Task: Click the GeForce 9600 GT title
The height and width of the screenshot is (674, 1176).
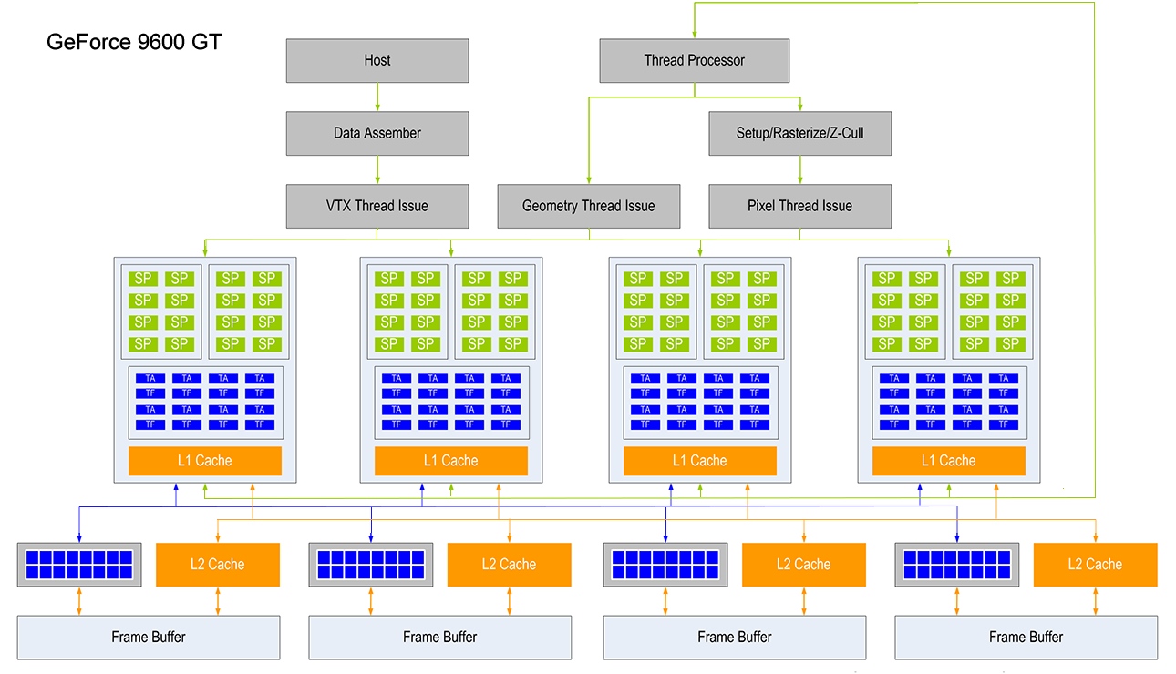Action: click(133, 42)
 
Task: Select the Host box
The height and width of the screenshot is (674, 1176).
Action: click(377, 61)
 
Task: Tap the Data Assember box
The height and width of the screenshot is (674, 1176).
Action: click(377, 133)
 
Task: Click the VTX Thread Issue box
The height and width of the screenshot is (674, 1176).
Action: click(377, 206)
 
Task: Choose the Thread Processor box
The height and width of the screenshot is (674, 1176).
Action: click(694, 61)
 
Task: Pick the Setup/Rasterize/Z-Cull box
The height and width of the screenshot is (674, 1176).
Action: click(799, 133)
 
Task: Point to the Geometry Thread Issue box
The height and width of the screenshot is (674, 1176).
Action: click(588, 206)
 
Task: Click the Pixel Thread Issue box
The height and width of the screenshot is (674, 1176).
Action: click(799, 206)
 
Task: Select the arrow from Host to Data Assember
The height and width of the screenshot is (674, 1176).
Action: click(377, 97)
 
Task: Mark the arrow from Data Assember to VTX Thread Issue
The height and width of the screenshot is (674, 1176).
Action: click(377, 170)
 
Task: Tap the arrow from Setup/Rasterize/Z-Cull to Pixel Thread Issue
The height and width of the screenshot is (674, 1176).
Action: click(800, 170)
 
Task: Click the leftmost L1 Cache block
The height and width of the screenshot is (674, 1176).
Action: click(204, 461)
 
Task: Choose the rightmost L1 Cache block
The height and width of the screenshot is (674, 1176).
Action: click(948, 461)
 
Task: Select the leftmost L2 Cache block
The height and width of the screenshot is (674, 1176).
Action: click(218, 565)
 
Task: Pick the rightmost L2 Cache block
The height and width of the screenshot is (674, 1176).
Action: click(1095, 565)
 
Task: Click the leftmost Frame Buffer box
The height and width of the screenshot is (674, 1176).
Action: click(148, 638)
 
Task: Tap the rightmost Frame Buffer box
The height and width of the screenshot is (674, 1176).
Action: click(1026, 638)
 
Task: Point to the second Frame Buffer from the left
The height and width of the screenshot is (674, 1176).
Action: click(439, 638)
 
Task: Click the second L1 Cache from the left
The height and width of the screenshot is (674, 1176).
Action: click(450, 461)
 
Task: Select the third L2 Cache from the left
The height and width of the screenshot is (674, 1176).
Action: click(803, 565)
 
